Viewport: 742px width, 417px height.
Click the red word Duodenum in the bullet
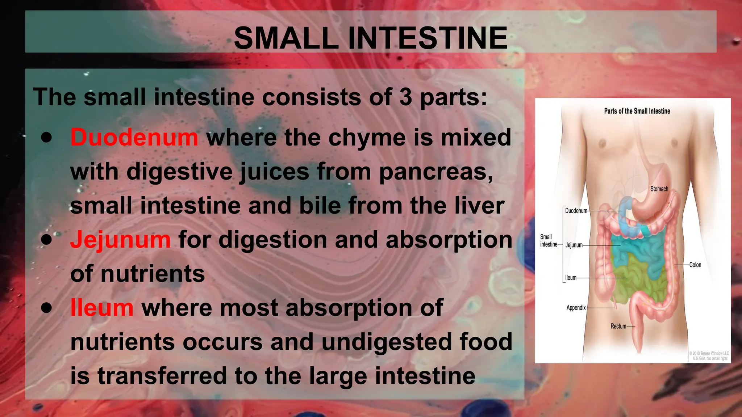[x=134, y=138]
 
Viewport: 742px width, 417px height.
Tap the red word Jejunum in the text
[x=120, y=240]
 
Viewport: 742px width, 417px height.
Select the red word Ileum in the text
[x=102, y=308]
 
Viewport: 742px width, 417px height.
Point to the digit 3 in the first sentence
[x=406, y=97]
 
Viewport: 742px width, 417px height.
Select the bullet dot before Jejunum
[x=46, y=239]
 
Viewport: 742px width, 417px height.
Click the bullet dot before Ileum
[x=46, y=308]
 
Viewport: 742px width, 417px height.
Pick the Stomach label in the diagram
[x=659, y=189]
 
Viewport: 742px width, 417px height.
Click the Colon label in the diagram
[x=695, y=265]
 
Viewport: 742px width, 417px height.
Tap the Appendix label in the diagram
[x=576, y=308]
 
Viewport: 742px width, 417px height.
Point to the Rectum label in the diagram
[x=618, y=326]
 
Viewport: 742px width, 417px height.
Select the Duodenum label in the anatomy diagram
[x=576, y=211]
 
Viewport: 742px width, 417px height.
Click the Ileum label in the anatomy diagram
[x=571, y=278]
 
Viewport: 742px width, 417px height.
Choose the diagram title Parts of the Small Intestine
[x=637, y=111]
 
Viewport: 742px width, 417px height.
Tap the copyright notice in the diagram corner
[x=709, y=356]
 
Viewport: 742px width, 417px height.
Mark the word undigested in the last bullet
[x=387, y=342]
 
